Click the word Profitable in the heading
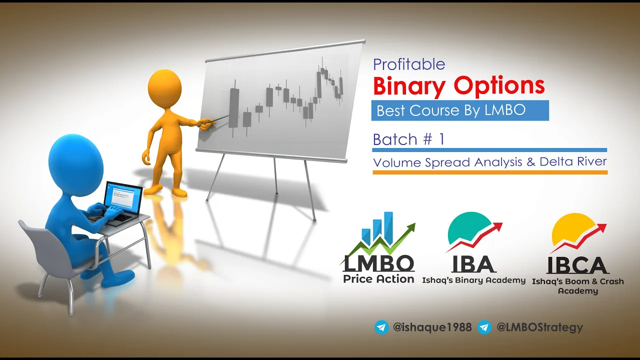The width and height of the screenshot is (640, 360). (x=409, y=65)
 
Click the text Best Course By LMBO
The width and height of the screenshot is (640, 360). (x=451, y=110)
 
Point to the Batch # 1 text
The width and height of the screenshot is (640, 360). (x=408, y=139)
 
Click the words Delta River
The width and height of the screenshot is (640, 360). (x=573, y=161)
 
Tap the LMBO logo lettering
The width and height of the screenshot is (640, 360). (x=378, y=263)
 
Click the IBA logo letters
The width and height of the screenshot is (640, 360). (x=473, y=264)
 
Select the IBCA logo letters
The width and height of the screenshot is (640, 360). (x=577, y=265)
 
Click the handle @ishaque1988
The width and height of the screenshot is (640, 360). (x=432, y=327)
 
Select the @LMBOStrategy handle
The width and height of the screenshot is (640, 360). (x=539, y=327)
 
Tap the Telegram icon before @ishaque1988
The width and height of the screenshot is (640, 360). (x=381, y=327)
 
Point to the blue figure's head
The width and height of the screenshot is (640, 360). (x=76, y=161)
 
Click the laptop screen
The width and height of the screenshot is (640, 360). (x=123, y=196)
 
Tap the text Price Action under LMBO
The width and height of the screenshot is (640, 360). (x=378, y=279)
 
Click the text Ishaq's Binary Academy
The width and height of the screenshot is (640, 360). (x=473, y=280)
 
